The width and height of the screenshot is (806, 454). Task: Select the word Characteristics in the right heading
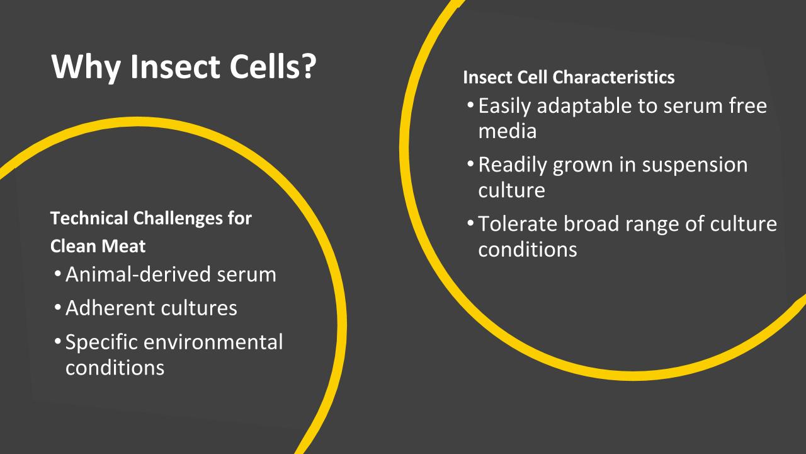(613, 78)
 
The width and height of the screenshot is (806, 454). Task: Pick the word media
(507, 131)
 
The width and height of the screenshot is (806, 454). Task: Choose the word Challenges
(183, 219)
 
